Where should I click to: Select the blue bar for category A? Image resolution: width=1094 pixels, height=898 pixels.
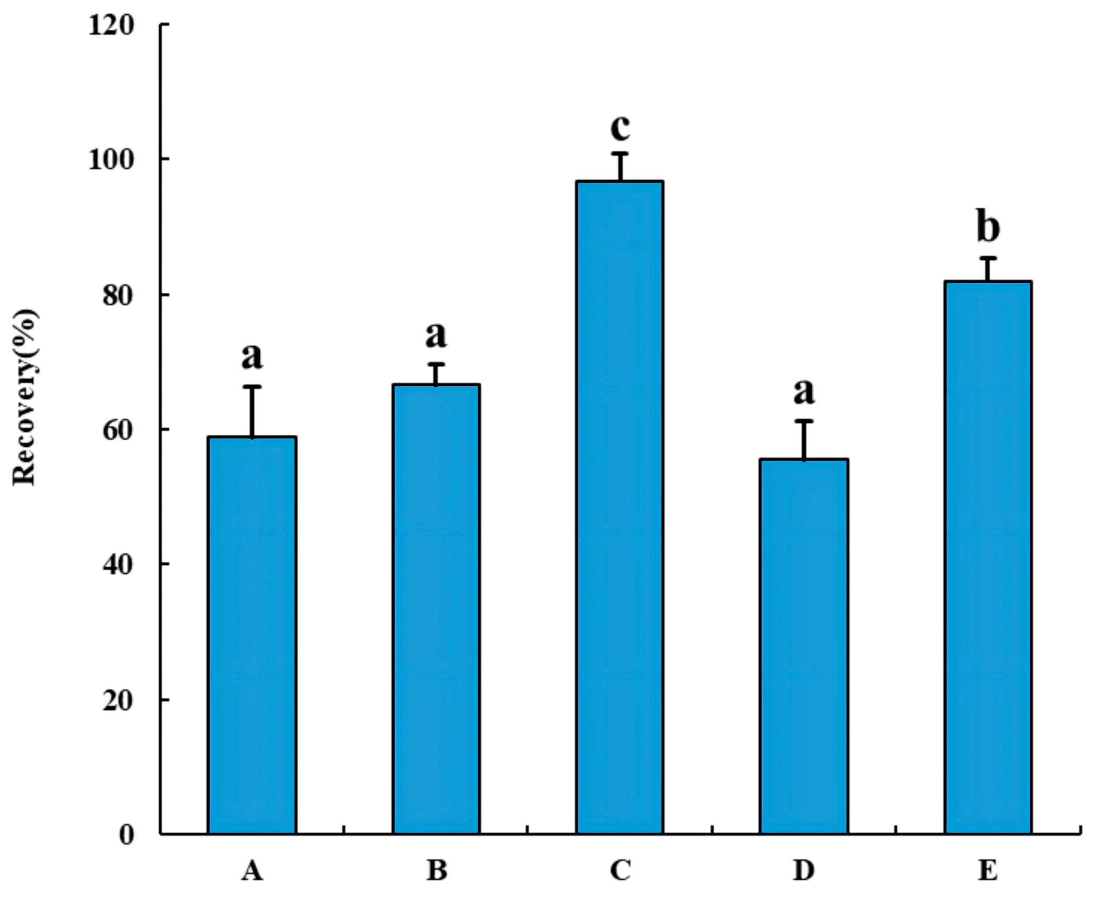[252, 634]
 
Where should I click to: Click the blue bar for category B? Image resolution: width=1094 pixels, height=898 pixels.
[436, 608]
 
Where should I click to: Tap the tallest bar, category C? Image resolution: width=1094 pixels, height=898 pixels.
[620, 506]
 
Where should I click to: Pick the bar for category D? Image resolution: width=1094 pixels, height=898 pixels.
[804, 646]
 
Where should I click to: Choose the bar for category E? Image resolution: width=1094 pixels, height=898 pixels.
[988, 557]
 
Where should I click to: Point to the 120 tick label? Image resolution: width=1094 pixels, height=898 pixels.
[111, 25]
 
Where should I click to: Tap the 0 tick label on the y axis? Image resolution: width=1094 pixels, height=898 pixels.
[126, 835]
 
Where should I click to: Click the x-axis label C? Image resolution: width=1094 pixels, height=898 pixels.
[620, 870]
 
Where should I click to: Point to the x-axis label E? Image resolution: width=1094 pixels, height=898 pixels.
[988, 870]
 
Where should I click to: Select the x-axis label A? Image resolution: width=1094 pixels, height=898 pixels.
[252, 870]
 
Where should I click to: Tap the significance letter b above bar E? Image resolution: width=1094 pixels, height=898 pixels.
[988, 227]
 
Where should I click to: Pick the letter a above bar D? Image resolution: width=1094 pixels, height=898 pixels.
[804, 392]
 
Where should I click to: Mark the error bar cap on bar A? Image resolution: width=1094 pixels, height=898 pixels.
[252, 387]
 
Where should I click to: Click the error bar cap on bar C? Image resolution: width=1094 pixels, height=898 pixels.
[620, 153]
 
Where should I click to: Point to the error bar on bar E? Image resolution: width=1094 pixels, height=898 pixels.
[988, 269]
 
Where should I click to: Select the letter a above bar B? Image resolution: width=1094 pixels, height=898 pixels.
[436, 336]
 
